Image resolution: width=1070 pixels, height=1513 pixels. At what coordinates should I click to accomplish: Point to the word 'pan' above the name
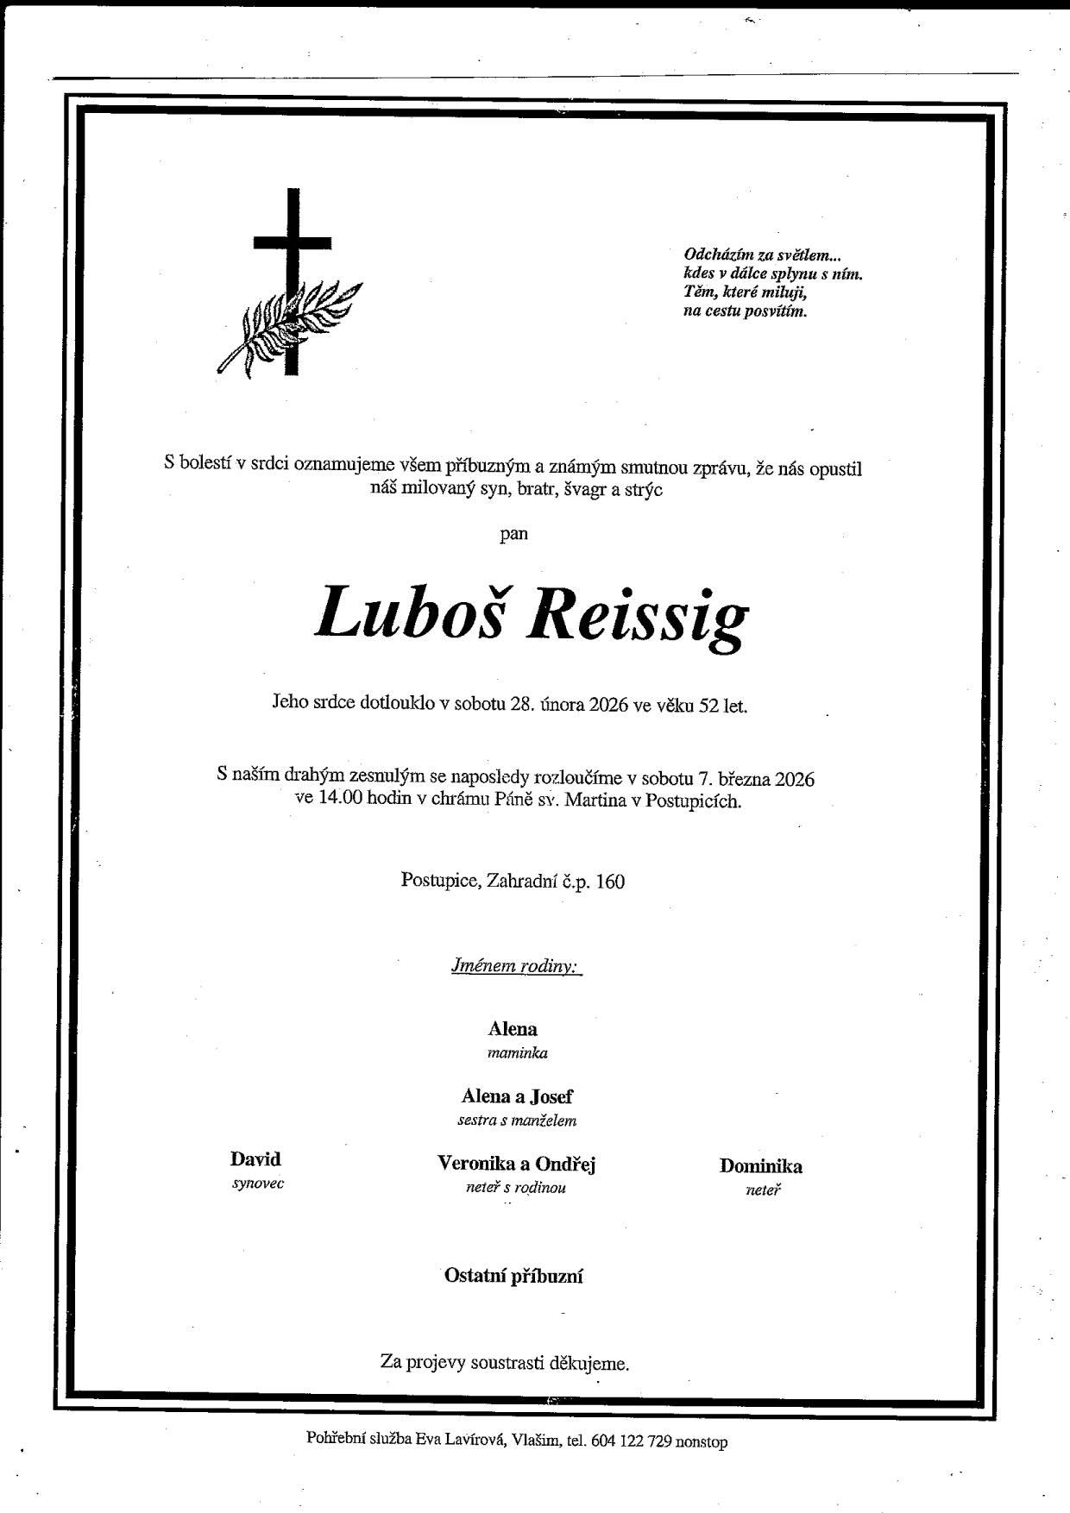pyautogui.click(x=514, y=533)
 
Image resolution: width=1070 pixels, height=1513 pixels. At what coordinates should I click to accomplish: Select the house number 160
pyautogui.click(x=608, y=882)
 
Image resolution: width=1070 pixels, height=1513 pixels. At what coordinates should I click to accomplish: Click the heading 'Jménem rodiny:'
pyautogui.click(x=515, y=965)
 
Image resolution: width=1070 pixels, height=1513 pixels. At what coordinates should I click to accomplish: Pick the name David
pyautogui.click(x=255, y=1159)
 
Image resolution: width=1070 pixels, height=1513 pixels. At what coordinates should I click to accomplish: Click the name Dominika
pyautogui.click(x=760, y=1166)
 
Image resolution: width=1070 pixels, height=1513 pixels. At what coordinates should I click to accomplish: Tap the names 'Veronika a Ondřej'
pyautogui.click(x=516, y=1164)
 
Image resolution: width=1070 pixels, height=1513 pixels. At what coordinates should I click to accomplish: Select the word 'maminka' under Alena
pyautogui.click(x=517, y=1052)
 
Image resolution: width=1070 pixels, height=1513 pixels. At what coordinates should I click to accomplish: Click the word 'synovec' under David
pyautogui.click(x=257, y=1183)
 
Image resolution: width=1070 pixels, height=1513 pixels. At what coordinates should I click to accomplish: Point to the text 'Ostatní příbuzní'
pyautogui.click(x=513, y=1276)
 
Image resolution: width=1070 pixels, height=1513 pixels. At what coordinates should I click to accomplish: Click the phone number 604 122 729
pyautogui.click(x=632, y=1441)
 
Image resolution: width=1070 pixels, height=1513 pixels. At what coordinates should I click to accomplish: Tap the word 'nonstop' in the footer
pyautogui.click(x=702, y=1441)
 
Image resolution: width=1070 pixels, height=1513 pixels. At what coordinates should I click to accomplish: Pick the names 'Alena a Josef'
pyautogui.click(x=516, y=1096)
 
